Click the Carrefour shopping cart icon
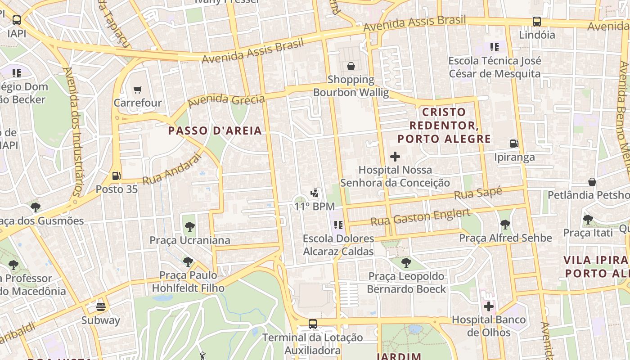(x=138, y=90)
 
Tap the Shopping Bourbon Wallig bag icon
(x=351, y=67)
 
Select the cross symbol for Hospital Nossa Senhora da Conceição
(x=395, y=157)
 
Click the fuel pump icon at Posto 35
(x=117, y=176)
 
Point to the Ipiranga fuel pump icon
(x=514, y=144)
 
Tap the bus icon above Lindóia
(x=537, y=21)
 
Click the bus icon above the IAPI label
(x=17, y=20)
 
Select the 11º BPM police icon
(x=315, y=193)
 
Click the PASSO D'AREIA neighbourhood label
(x=215, y=131)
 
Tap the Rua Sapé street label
(x=478, y=194)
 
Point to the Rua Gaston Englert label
(x=420, y=217)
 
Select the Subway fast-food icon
(x=101, y=307)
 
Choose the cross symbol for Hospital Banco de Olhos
(x=489, y=307)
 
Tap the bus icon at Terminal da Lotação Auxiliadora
(x=313, y=324)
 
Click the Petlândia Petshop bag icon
(x=592, y=182)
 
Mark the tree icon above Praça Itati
(x=588, y=220)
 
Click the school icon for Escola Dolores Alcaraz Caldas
(x=338, y=225)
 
